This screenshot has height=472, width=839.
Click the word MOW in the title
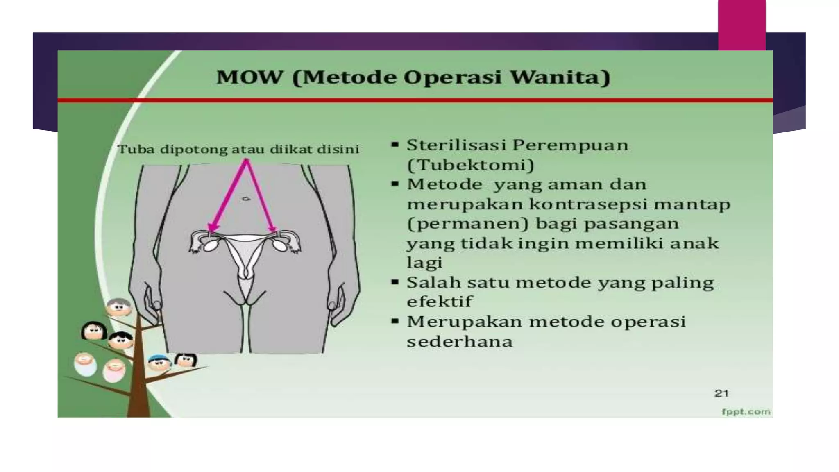click(x=249, y=77)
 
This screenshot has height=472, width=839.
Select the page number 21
click(x=721, y=393)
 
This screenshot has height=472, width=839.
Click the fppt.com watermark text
click(x=746, y=411)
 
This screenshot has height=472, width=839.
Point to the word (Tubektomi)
click(x=470, y=165)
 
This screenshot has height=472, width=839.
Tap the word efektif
click(x=439, y=302)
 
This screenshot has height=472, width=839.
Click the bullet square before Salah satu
click(x=395, y=282)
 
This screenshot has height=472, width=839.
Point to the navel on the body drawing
click(x=246, y=199)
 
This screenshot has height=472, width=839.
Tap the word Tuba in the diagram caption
click(x=136, y=149)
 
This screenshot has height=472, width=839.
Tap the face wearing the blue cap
click(x=159, y=362)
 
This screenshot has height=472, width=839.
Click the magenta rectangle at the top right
click(x=741, y=25)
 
